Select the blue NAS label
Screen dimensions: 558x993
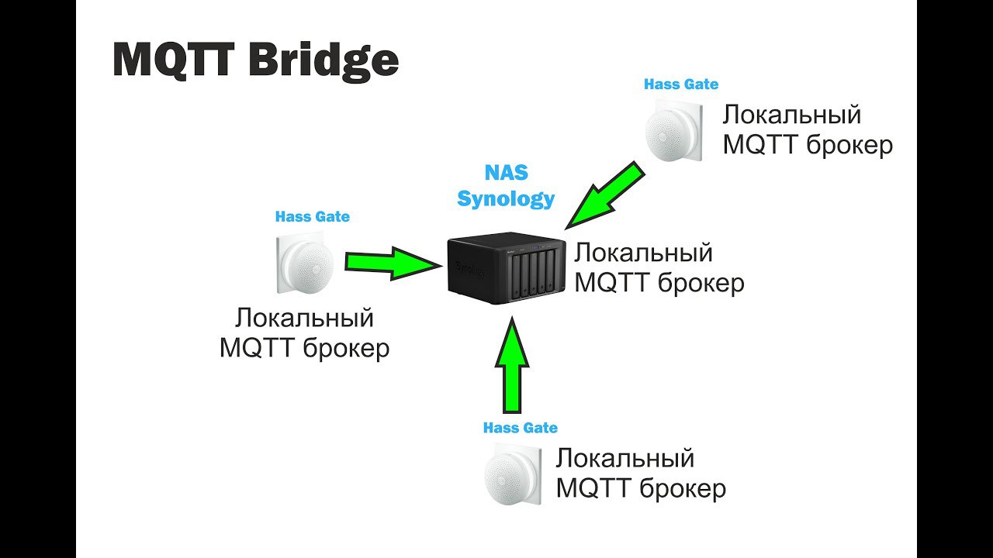tap(506, 172)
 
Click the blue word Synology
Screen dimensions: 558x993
tap(506, 198)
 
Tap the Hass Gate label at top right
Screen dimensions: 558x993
tap(681, 84)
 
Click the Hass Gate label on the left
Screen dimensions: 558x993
tap(312, 217)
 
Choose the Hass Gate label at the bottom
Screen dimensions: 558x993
tap(520, 428)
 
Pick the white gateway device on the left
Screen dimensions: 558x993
tap(305, 263)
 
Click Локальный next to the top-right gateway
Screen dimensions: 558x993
tap(791, 115)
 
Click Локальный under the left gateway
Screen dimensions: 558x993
tap(304, 319)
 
